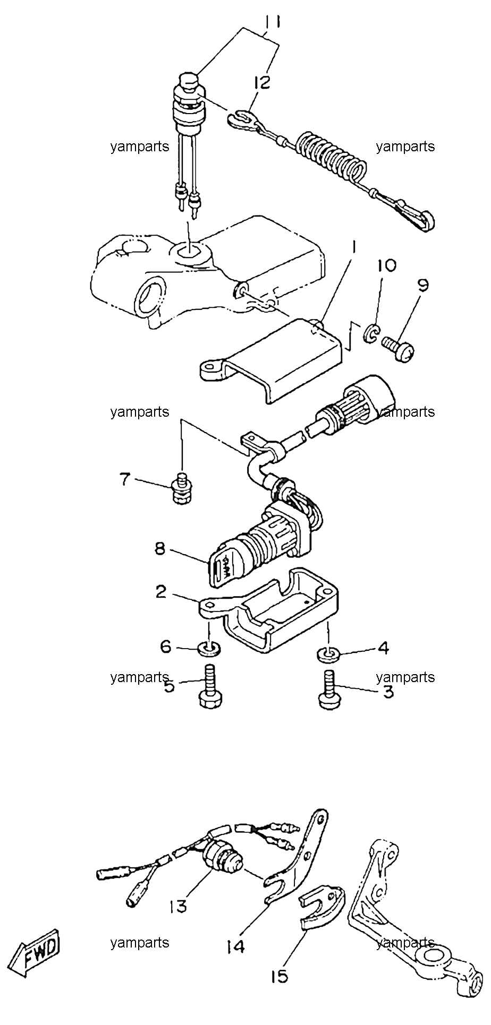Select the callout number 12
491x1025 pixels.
[261, 82]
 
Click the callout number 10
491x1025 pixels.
[386, 265]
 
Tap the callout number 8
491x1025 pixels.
[160, 548]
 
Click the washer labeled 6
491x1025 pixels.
[209, 648]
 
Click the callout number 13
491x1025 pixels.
[179, 907]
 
